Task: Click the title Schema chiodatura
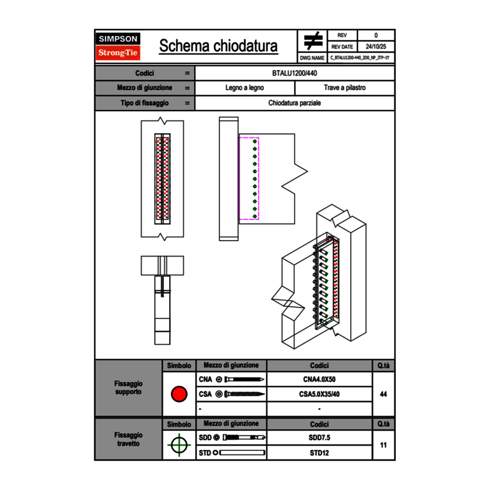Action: (x=218, y=46)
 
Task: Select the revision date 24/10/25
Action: (x=376, y=47)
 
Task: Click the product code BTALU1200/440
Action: (x=295, y=73)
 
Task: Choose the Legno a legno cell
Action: (x=244, y=88)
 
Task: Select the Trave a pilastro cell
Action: (x=345, y=88)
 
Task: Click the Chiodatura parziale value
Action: (x=295, y=103)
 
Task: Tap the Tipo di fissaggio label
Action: (x=145, y=103)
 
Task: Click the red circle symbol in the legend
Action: (x=179, y=394)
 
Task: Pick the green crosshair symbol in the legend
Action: (x=179, y=445)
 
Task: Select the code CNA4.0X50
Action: (x=319, y=380)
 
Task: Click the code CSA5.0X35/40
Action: (x=319, y=394)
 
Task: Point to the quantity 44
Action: (x=383, y=394)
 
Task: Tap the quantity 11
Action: (x=383, y=445)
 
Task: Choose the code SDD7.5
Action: (x=319, y=438)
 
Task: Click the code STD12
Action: (x=319, y=453)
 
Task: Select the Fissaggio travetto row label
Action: (x=128, y=439)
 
